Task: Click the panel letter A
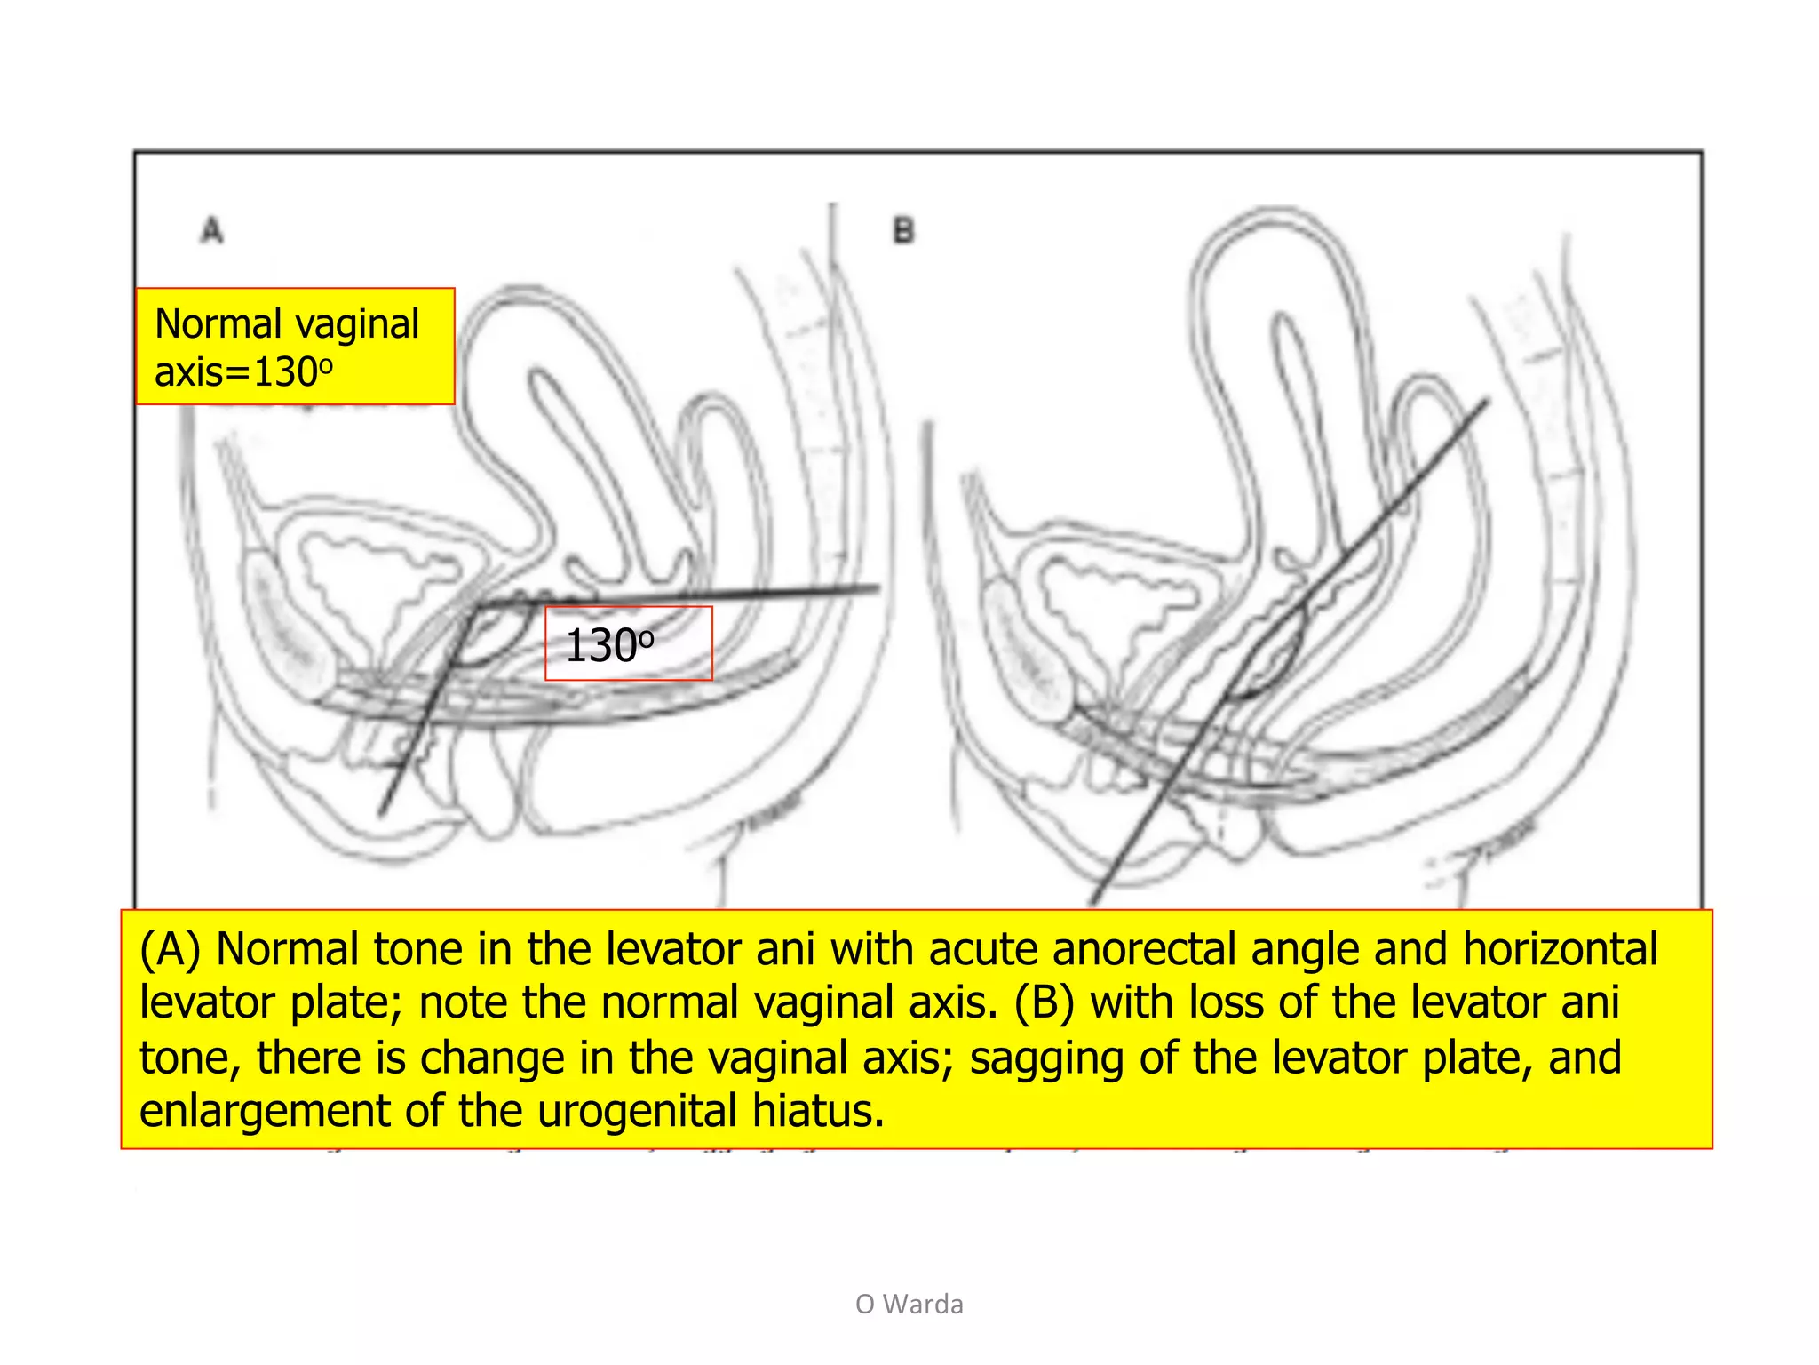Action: (x=211, y=231)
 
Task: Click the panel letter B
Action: (x=903, y=232)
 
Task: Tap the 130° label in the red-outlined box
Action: (x=610, y=645)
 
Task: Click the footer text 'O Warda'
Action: (x=909, y=1304)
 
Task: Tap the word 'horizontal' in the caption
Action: (x=1560, y=949)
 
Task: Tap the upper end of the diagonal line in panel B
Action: (x=1486, y=403)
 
